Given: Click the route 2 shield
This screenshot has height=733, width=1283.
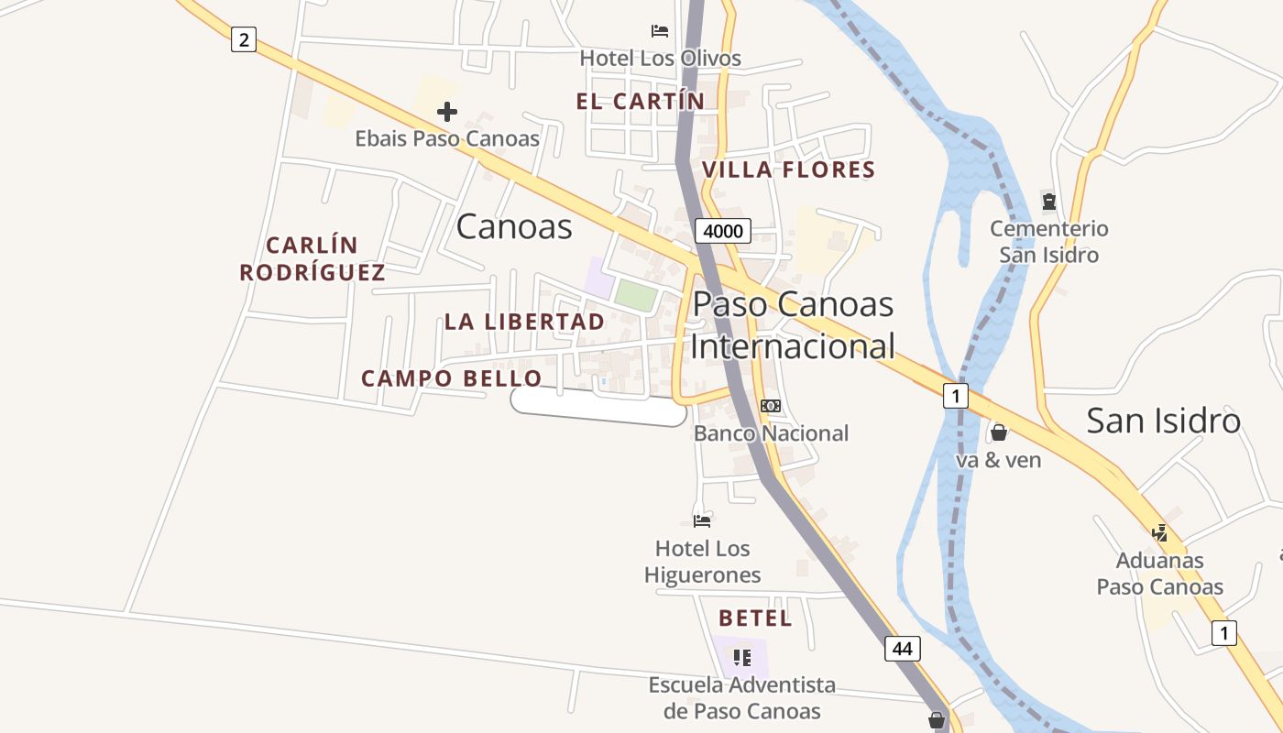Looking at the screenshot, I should coord(243,39).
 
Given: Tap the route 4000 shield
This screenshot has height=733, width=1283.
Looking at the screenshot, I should coord(722,231).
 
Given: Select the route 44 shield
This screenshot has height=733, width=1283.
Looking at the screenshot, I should coord(903,649).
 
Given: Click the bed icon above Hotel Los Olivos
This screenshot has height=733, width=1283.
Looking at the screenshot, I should coord(660,31).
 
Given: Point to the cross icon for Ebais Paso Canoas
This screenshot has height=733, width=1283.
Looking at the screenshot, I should coord(447,112).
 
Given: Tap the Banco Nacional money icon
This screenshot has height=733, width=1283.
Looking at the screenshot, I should coord(771,406).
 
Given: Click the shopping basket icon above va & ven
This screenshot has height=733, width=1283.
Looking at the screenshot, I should coord(999,432).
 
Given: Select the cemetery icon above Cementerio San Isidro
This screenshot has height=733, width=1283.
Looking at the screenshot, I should coord(1048,201).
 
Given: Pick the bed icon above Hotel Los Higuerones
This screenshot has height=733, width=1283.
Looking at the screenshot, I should coord(702,521).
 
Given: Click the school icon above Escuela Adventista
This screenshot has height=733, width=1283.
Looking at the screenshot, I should coord(742,657).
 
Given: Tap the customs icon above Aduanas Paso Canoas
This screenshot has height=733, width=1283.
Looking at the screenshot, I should coord(1160,532).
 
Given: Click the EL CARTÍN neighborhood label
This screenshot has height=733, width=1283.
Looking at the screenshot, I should coord(641,102).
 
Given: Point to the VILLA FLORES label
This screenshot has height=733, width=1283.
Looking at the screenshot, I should coord(788,170).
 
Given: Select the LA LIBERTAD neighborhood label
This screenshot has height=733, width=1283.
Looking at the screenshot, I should coord(524,322).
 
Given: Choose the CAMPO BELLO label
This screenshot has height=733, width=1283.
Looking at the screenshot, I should coord(451,378).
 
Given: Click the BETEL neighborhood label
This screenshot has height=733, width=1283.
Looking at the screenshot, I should coord(755,618).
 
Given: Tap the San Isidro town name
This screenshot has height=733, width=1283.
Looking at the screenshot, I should coord(1163,421).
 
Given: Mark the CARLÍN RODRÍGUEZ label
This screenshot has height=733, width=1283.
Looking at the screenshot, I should coord(312,259).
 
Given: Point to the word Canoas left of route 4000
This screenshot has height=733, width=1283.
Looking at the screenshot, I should coord(514,226).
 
